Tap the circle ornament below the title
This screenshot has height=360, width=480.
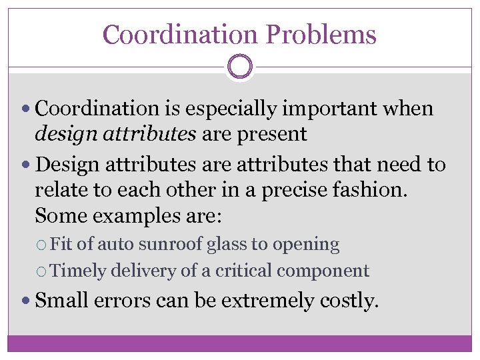point(239,66)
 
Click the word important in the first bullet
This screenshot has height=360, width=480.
point(339,108)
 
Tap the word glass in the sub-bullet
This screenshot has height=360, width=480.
point(227,245)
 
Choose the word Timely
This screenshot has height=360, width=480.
point(77,271)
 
